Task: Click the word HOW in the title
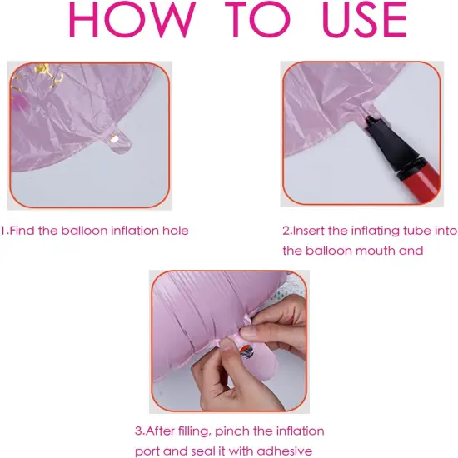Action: click(x=132, y=20)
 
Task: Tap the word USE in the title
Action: click(x=365, y=20)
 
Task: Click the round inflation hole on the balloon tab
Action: click(x=113, y=139)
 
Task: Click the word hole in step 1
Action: click(x=175, y=231)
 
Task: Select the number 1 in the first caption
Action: click(x=3, y=231)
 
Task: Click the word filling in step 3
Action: click(x=195, y=431)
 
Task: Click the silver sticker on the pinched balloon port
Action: click(x=246, y=351)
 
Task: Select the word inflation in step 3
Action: click(x=300, y=431)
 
